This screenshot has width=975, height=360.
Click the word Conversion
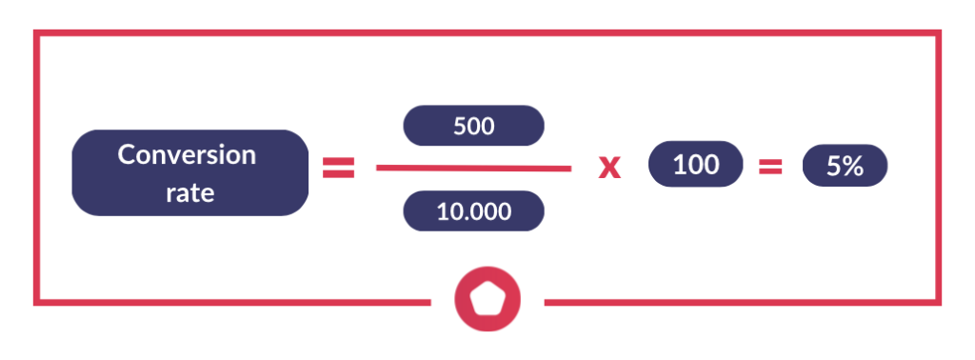click(187, 155)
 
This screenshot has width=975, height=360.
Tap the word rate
click(190, 192)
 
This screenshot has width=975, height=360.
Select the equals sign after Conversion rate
click(339, 169)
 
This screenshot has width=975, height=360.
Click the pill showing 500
click(474, 125)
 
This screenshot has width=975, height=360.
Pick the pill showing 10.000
click(474, 211)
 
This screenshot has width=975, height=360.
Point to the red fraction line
click(473, 169)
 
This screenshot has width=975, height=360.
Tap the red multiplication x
click(608, 169)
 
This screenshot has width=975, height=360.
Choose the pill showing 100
click(695, 165)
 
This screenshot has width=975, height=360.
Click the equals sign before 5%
click(769, 168)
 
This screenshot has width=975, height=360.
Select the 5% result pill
click(845, 167)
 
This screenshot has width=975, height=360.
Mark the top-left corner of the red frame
click(36, 33)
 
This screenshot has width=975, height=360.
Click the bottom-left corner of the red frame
click(36, 302)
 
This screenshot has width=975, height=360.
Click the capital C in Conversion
click(126, 155)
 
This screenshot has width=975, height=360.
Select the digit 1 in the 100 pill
click(678, 165)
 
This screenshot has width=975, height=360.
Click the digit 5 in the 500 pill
click(460, 125)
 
